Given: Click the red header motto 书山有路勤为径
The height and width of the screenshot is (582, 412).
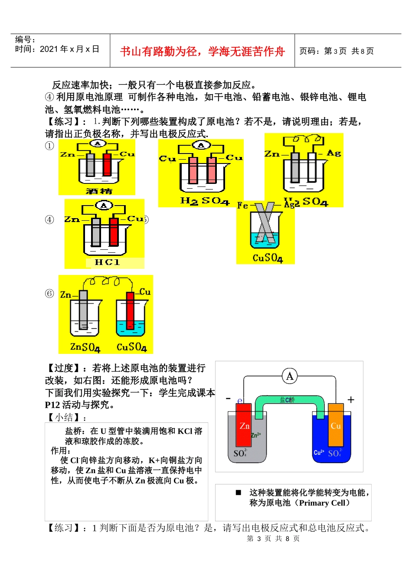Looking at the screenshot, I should pyautogui.click(x=202, y=52).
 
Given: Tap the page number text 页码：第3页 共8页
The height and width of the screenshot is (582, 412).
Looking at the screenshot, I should pyautogui.click(x=336, y=51).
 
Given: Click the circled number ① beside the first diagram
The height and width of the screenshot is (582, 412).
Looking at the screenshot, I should pyautogui.click(x=50, y=146).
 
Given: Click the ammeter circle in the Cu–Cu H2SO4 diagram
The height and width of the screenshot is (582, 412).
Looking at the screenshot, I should pyautogui.click(x=201, y=145).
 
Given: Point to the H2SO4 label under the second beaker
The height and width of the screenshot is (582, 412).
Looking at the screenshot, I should pyautogui.click(x=204, y=201).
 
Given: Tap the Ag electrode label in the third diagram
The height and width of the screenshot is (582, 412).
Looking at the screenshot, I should pyautogui.click(x=333, y=153).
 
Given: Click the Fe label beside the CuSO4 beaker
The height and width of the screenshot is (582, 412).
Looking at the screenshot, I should pyautogui.click(x=243, y=205).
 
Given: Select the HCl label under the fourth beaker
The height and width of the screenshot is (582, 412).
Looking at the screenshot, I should pyautogui.click(x=107, y=262).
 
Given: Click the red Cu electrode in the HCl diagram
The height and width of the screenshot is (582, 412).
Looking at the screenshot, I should pyautogui.click(x=114, y=232).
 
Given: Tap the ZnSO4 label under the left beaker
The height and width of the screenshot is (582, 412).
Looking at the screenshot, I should pyautogui.click(x=85, y=347).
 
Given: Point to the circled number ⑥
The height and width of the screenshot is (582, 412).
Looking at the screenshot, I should pyautogui.click(x=50, y=294).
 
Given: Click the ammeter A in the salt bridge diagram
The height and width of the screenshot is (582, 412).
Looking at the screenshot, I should pyautogui.click(x=290, y=376).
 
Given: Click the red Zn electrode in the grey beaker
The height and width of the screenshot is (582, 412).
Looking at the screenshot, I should pyautogui.click(x=244, y=425).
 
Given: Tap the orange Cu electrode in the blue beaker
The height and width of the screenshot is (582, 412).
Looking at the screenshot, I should pyautogui.click(x=336, y=425).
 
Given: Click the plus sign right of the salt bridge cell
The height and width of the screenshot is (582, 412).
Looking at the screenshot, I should pyautogui.click(x=351, y=399).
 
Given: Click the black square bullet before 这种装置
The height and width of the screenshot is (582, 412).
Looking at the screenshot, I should pyautogui.click(x=238, y=492).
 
